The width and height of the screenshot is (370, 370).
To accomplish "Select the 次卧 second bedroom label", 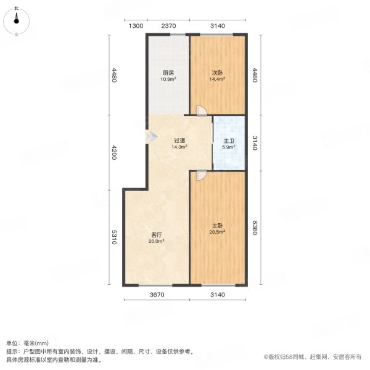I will point(217,72).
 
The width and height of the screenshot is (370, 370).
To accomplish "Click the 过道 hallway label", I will point(179,141).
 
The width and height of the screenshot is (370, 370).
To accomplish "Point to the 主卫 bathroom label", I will point(228,141).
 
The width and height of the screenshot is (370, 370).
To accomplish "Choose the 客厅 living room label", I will point(157,234).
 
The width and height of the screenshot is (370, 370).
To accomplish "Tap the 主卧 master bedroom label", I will point(217,226).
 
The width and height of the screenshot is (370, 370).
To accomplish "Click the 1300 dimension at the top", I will point(136,25).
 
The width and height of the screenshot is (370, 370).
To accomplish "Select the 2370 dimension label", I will point(168,25).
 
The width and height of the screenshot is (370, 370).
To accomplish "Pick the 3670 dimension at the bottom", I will point(157,295).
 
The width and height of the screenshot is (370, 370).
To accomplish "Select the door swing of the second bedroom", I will point(201,110).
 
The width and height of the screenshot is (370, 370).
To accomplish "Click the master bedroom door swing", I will point(201,175).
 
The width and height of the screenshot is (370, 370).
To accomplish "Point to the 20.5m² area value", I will point(217,232).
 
